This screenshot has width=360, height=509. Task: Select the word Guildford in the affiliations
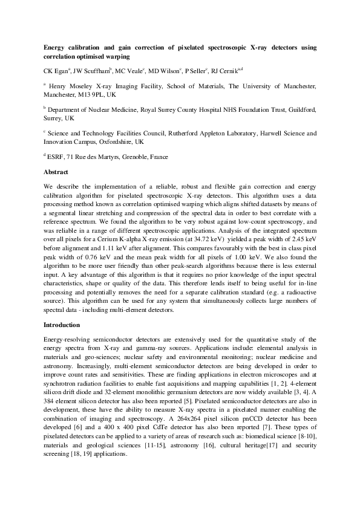(301, 110)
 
